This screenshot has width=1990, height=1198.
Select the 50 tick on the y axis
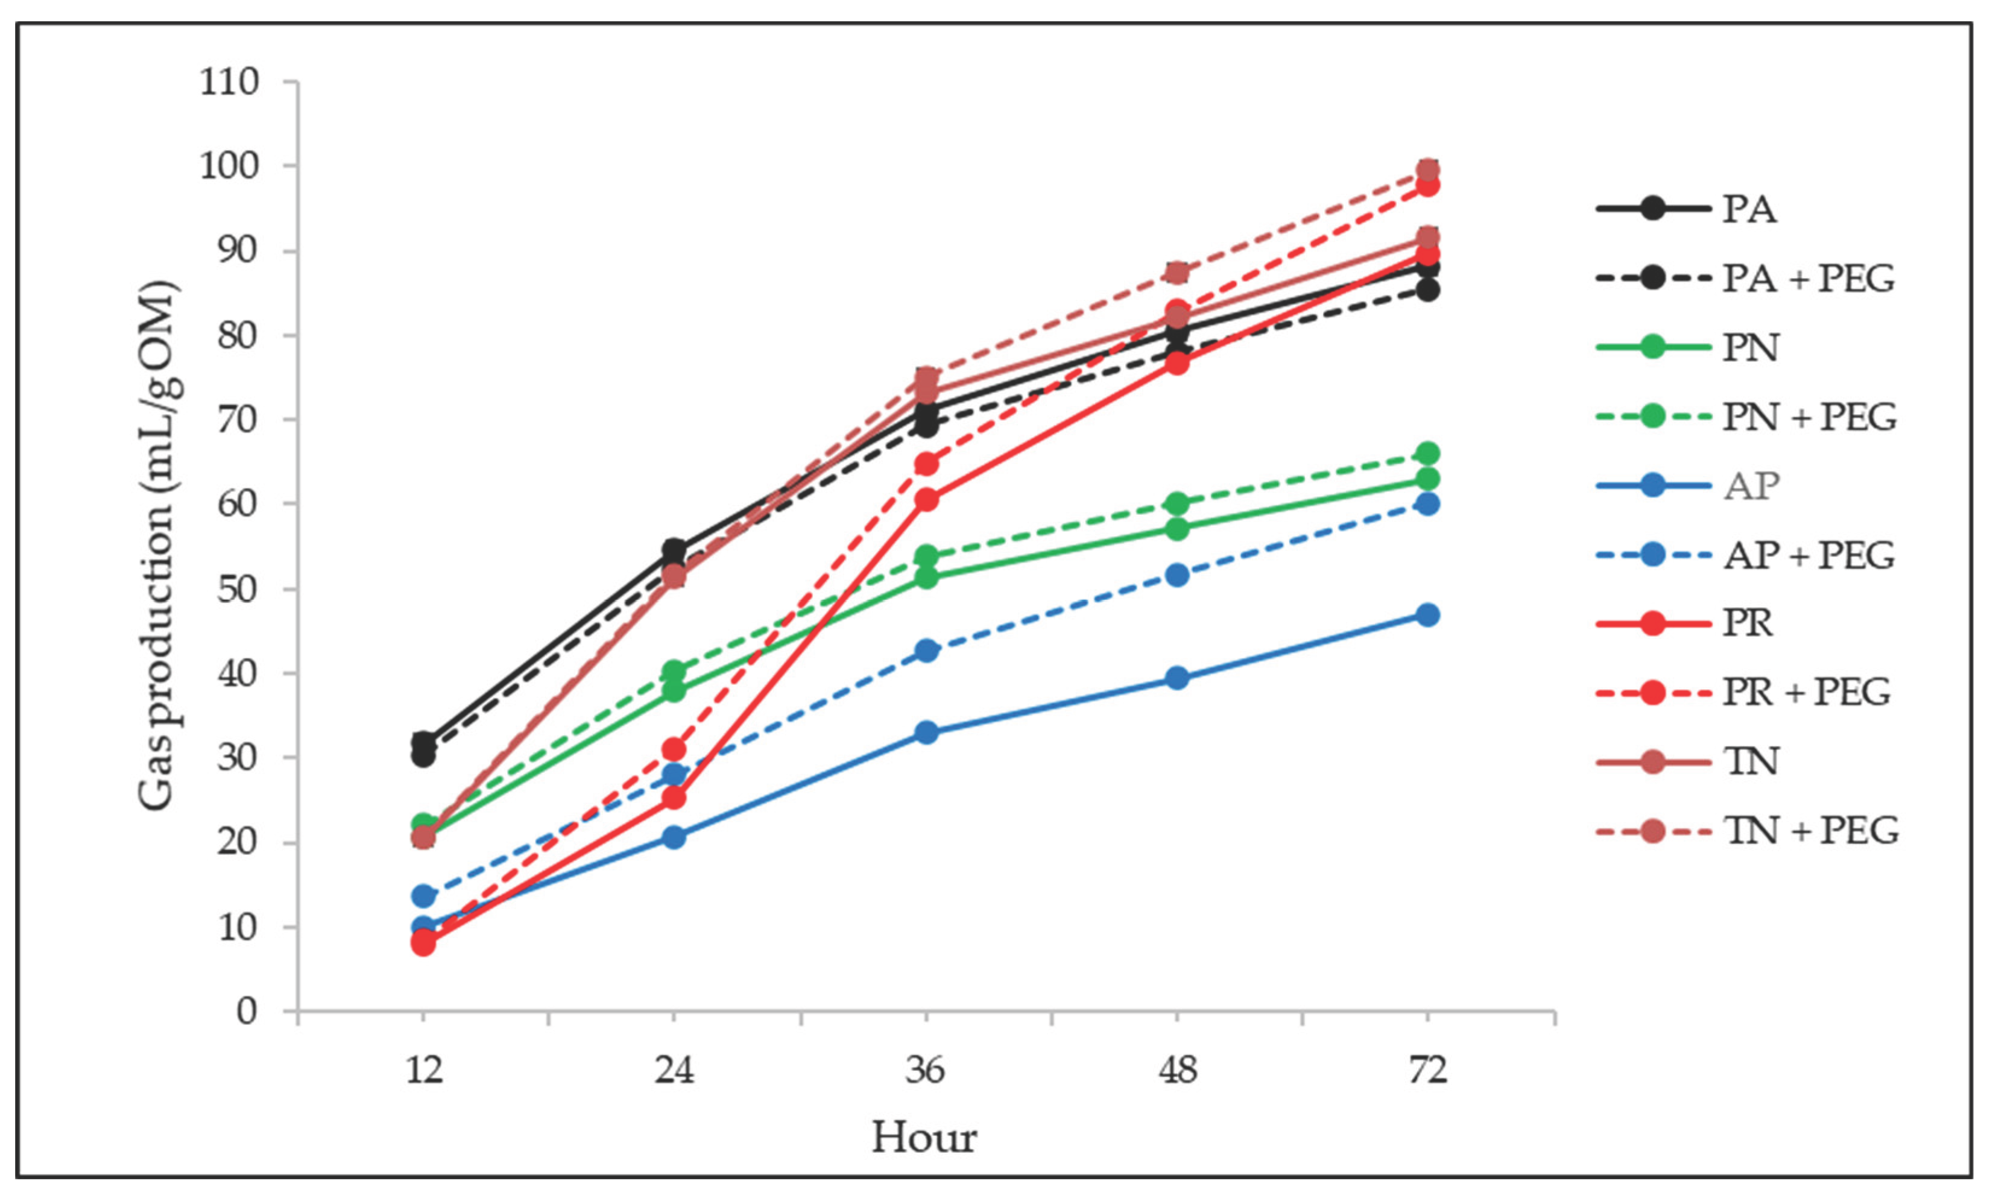coord(238,588)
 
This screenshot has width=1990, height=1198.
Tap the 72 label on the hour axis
coord(1427,1071)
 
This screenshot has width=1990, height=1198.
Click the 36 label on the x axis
coord(926,1071)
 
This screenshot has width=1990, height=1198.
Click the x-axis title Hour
coord(924,1138)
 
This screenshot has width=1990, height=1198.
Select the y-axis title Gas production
coord(157,546)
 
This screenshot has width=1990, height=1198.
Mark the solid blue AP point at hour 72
coord(1427,615)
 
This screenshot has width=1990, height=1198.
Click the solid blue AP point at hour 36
coord(927,732)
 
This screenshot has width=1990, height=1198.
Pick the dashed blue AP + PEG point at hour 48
coord(1177,575)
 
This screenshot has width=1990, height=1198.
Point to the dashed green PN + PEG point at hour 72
coord(1427,453)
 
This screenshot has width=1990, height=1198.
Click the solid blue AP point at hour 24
coord(674,836)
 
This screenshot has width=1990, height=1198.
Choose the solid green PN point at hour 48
coord(1177,529)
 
